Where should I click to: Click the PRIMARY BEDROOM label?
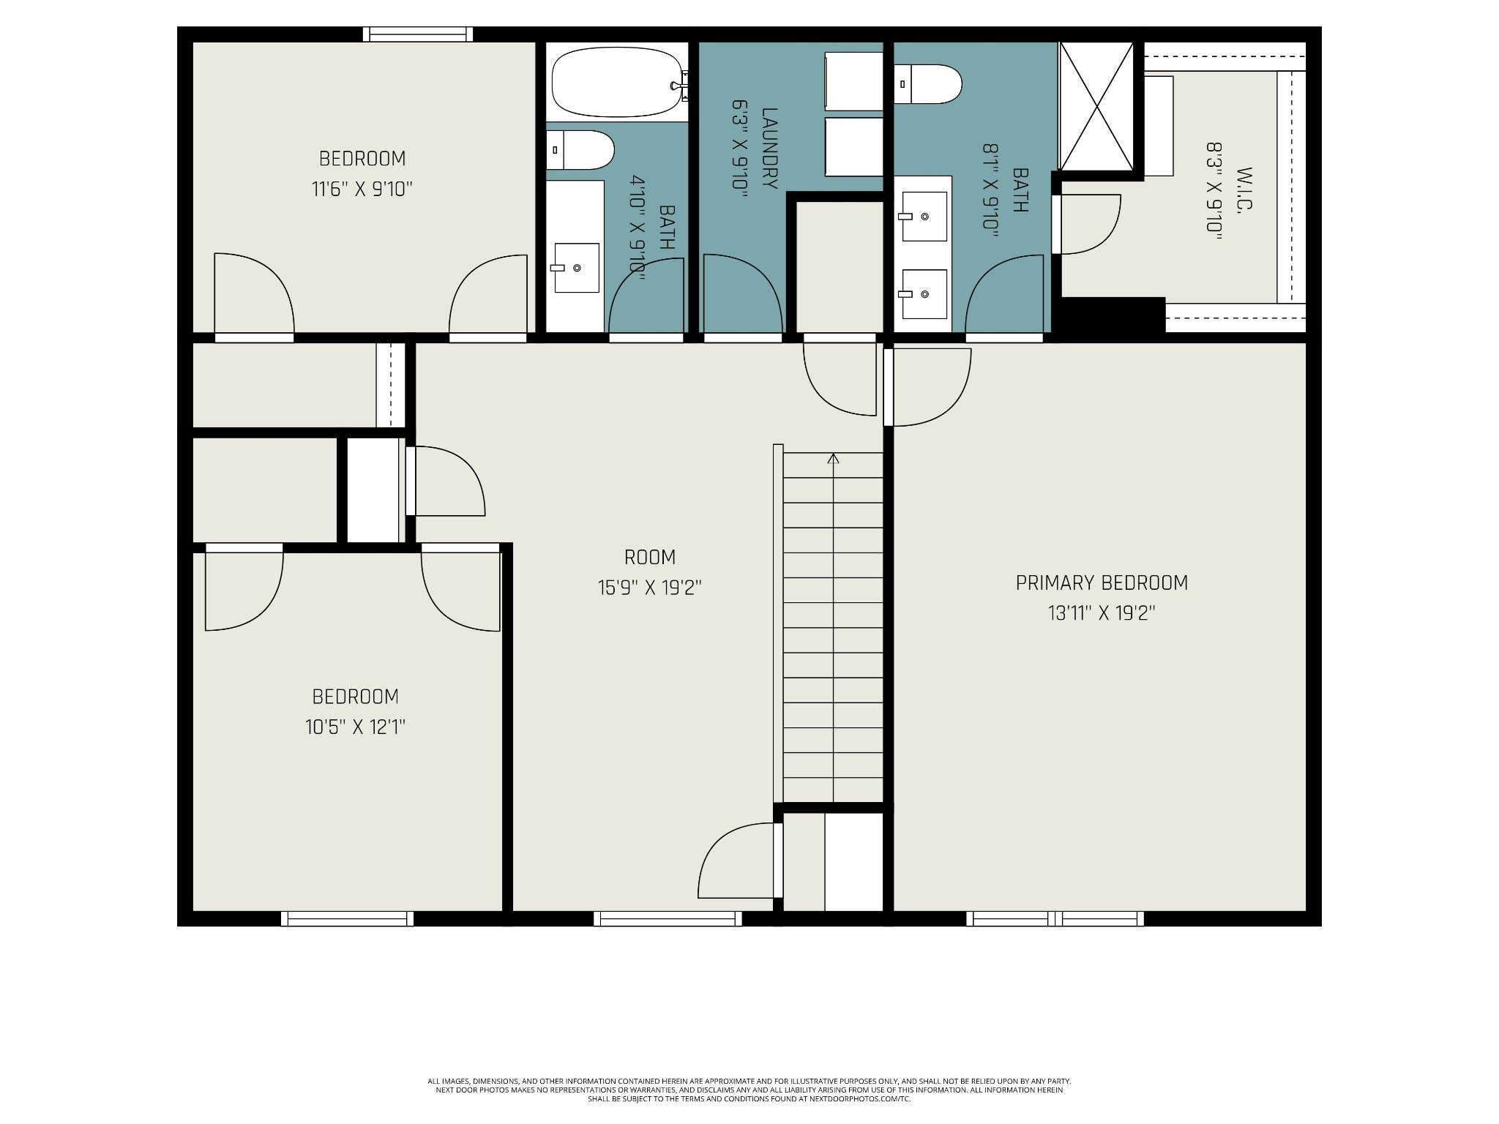[1102, 582]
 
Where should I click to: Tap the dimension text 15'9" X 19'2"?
[650, 588]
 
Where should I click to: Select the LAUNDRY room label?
[769, 148]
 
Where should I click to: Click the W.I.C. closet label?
[1245, 190]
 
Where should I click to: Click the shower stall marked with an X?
[1096, 106]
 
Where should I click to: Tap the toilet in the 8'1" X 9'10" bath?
[927, 84]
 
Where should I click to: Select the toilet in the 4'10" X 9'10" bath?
[580, 150]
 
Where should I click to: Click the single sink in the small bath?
[577, 268]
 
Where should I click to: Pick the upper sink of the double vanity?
[924, 217]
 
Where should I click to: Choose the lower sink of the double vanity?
[924, 294]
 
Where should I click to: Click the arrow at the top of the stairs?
[833, 459]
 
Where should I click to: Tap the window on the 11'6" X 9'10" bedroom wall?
[418, 34]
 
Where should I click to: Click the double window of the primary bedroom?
[1055, 918]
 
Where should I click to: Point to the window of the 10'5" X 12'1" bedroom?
[347, 918]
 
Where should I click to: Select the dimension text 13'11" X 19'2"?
[1102, 613]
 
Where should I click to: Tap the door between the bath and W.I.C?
[1086, 224]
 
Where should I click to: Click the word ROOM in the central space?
[650, 558]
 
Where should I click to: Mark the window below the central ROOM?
[668, 918]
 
